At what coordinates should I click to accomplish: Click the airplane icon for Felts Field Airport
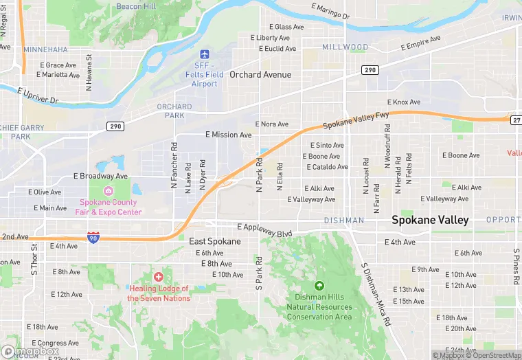pos(204,54)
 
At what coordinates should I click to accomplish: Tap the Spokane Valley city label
pos(430,221)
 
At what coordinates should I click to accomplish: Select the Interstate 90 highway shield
pos(93,237)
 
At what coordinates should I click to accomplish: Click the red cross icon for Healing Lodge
pos(159,277)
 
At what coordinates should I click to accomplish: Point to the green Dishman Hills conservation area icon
pos(319,285)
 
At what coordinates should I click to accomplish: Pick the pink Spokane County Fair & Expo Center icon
pos(109,190)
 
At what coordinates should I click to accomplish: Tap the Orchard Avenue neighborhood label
pos(260,74)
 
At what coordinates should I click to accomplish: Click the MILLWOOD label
pos(345,47)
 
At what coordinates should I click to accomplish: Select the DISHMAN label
pos(344,221)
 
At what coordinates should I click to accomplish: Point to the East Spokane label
pos(215,242)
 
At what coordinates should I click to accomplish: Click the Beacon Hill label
pos(136,6)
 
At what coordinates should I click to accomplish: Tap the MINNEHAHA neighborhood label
pos(45,50)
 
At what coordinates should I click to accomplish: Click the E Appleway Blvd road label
pos(264,230)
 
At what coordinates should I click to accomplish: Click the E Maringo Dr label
pos(330,11)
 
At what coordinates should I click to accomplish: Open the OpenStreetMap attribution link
pos(496,355)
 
